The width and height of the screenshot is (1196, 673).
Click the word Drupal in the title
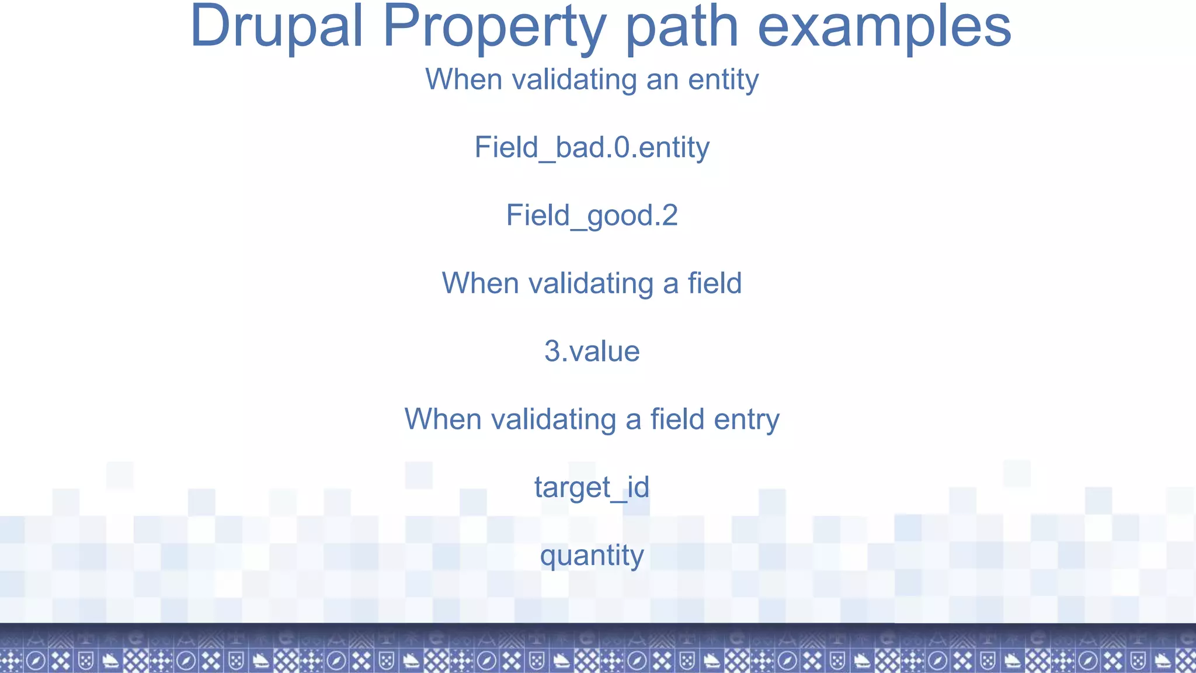point(277,26)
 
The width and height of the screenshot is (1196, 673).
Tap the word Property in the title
point(494,26)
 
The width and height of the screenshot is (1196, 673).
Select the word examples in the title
point(884,26)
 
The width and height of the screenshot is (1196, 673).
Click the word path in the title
point(682,26)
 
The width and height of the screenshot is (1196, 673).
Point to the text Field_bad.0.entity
point(592,147)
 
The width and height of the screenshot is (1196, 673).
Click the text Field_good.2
point(592,216)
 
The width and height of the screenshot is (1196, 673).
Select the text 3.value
point(592,351)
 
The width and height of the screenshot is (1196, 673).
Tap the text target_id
point(592,487)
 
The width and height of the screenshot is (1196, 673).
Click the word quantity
point(592,556)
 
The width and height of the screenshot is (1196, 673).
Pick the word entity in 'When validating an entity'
point(723,79)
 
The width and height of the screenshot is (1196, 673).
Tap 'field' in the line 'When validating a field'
point(714,283)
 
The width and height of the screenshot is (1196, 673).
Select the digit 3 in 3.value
point(552,351)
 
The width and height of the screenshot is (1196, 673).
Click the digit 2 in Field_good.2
point(669,216)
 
